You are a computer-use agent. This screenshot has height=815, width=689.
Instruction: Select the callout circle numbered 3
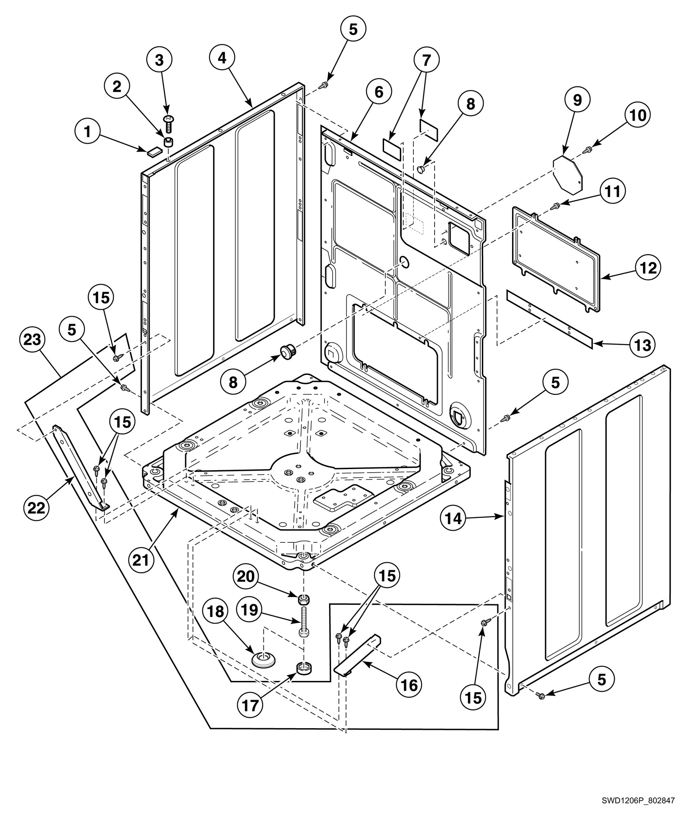click(x=159, y=60)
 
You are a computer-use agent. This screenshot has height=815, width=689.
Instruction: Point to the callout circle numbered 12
click(x=648, y=268)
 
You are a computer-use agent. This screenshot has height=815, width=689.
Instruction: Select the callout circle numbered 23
click(x=33, y=339)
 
